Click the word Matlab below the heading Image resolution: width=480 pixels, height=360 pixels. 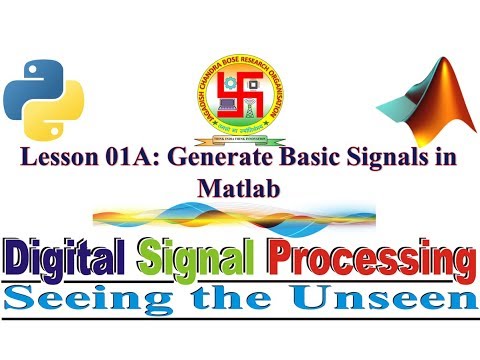[239, 187]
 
